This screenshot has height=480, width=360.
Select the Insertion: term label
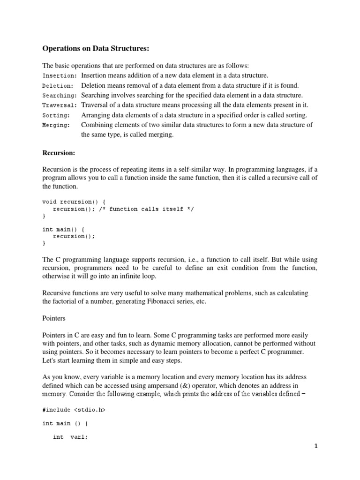point(60,75)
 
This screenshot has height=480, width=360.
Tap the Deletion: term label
point(58,86)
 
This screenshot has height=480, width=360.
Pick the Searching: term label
point(60,96)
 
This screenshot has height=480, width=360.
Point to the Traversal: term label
point(60,105)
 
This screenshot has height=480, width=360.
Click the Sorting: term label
point(56,115)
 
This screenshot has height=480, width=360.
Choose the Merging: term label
point(56,125)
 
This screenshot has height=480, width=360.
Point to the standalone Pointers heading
point(54,318)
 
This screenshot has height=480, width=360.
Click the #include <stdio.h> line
point(74,410)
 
